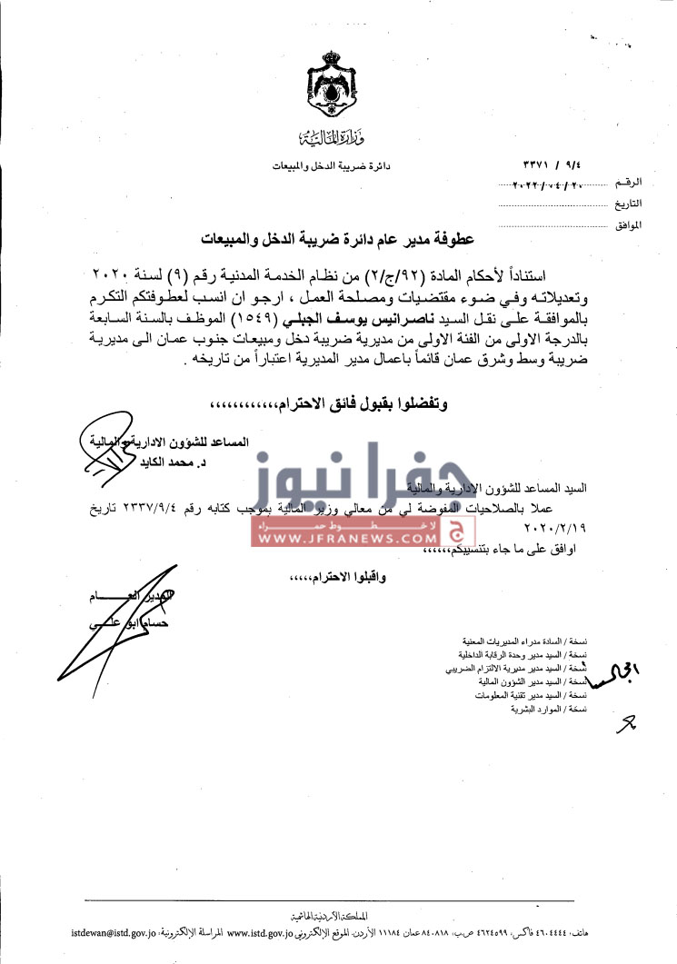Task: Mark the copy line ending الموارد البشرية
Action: tap(556, 707)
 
